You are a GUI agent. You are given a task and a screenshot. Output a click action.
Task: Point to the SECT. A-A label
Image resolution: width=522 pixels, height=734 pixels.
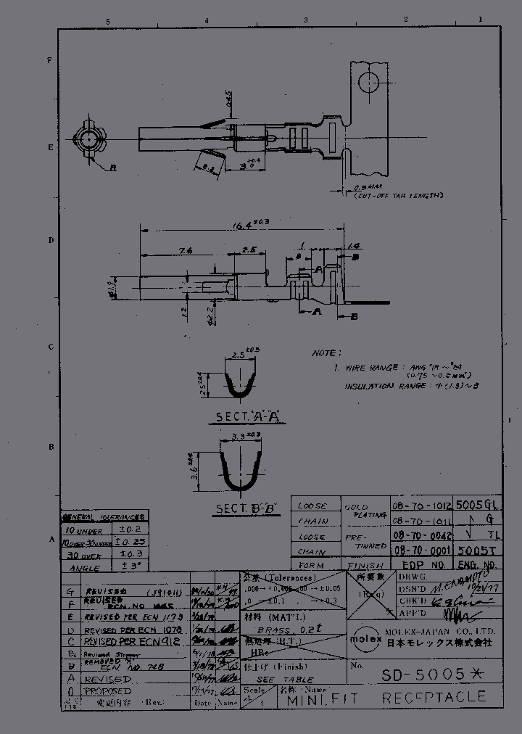[248, 417]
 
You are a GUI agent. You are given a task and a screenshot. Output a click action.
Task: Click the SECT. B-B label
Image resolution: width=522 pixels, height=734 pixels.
[247, 508]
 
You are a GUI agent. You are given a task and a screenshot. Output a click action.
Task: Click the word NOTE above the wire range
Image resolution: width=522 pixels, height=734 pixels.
[324, 353]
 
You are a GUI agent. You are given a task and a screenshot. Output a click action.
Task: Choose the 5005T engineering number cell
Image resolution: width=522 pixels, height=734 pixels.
[478, 551]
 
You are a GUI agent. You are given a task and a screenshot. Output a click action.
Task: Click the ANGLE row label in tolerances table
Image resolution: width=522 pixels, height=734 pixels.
[84, 568]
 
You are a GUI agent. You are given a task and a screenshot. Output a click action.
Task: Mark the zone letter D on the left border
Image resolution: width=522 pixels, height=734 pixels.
[51, 240]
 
